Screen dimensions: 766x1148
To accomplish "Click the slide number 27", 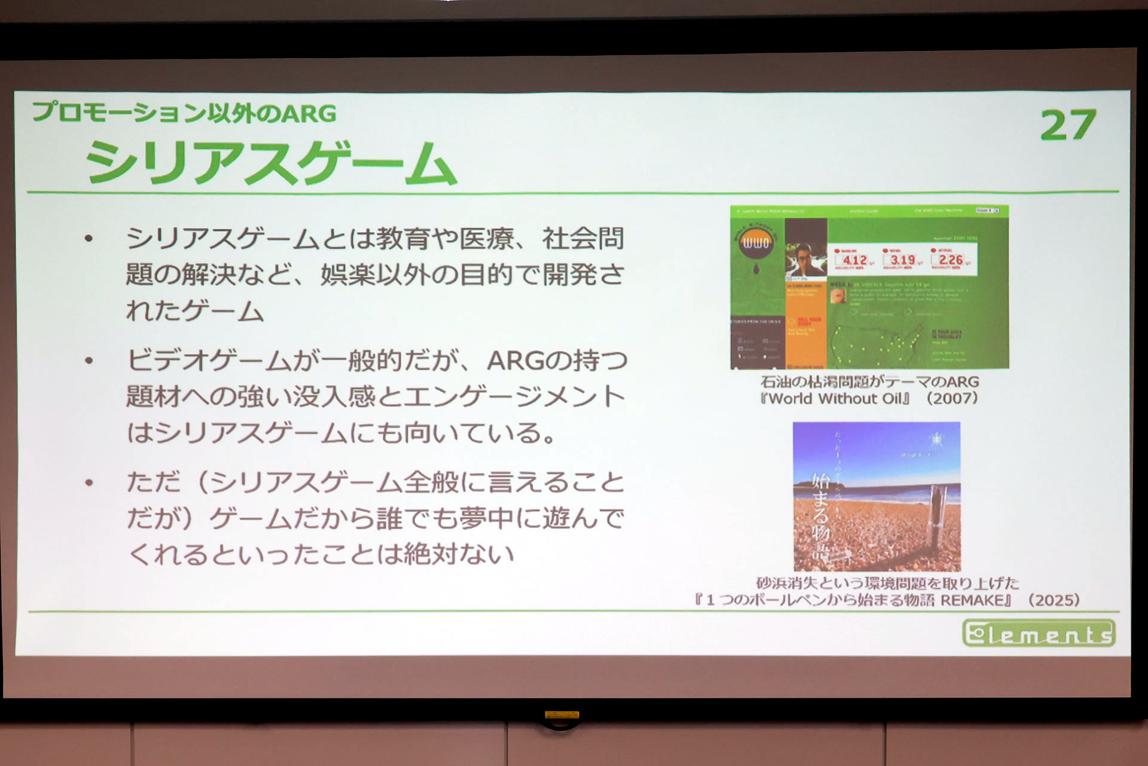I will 1068,125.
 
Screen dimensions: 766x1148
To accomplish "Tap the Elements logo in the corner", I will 1039,633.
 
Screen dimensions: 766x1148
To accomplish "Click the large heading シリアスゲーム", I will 271,162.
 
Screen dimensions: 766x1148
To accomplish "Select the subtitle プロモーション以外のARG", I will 184,113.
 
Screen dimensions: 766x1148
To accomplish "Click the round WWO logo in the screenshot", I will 756,243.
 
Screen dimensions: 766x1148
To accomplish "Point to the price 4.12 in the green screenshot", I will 854,260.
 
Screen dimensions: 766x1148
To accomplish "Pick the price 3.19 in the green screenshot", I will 902,260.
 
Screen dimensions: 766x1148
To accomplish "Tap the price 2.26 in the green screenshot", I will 951,260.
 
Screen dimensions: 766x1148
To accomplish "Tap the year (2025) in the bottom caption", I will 1054,600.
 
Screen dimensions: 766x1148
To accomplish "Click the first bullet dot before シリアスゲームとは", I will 89,239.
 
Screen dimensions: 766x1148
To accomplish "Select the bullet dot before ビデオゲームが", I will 89,361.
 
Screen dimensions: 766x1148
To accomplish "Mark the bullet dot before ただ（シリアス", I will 89,482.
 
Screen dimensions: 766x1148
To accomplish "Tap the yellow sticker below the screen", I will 561,715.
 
